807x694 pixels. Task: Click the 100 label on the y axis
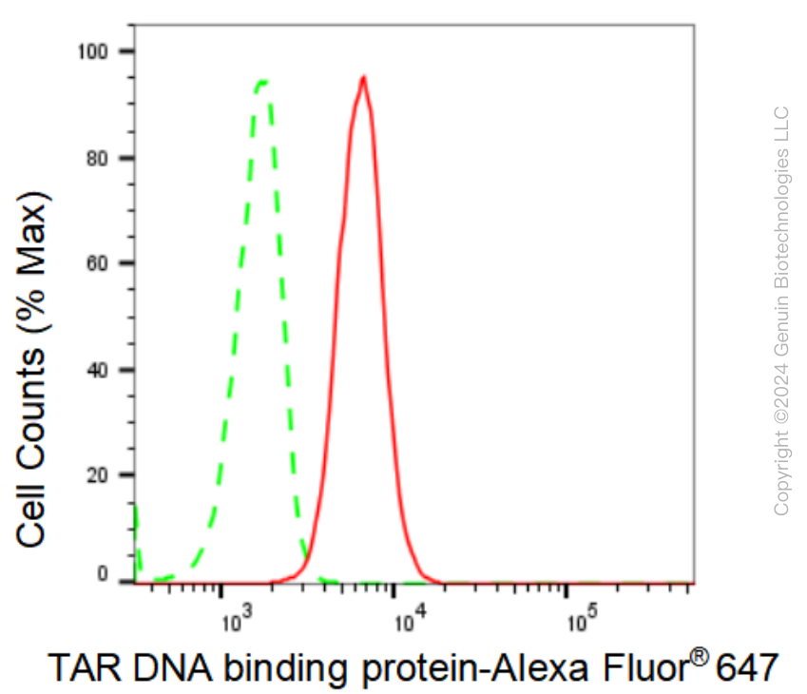[92, 51]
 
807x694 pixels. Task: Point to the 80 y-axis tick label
[97, 159]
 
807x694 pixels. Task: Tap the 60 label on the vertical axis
[97, 263]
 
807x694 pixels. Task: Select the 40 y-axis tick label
[97, 370]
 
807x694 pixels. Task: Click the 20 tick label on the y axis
[97, 475]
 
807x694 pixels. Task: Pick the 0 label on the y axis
[103, 574]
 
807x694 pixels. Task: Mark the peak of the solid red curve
[364, 77]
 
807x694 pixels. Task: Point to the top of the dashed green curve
[262, 82]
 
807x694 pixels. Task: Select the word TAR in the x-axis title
[85, 668]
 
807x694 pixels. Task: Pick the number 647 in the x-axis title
[747, 668]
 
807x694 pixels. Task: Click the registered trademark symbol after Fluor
[699, 658]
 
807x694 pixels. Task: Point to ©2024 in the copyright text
[781, 394]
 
